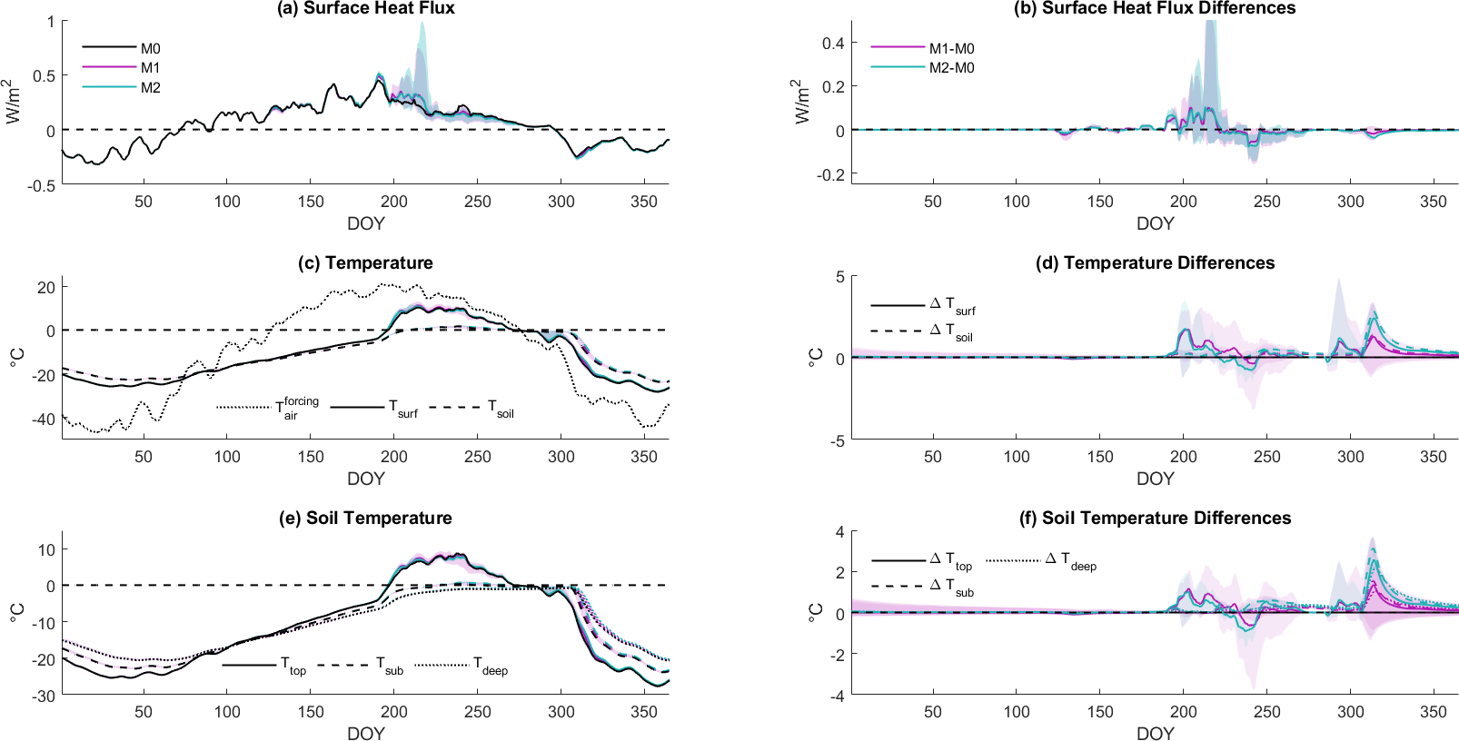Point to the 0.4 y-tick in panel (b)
click(x=833, y=43)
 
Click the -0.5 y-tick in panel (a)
click(x=43, y=185)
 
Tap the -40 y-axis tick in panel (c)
click(x=45, y=419)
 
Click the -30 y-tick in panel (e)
click(x=45, y=696)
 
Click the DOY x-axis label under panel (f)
click(x=1155, y=733)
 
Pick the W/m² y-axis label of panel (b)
click(x=800, y=102)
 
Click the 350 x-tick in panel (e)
click(x=644, y=712)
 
